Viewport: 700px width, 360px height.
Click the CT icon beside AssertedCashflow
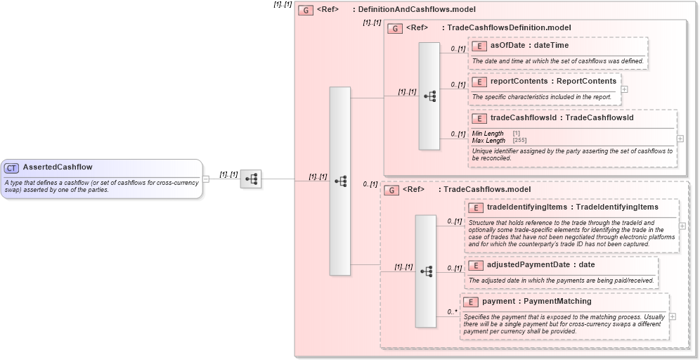pyautogui.click(x=11, y=167)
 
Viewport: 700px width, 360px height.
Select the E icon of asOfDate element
pyautogui.click(x=480, y=46)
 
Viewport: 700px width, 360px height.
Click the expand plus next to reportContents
pyautogui.click(x=624, y=89)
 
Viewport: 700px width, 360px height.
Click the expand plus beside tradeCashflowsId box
pyautogui.click(x=680, y=139)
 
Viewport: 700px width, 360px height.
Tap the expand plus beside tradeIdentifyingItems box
pyautogui.click(x=682, y=226)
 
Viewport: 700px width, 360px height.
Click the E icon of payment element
pyautogui.click(x=472, y=302)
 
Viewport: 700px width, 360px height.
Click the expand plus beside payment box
pyautogui.click(x=673, y=316)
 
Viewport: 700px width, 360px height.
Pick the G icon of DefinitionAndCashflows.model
pyautogui.click(x=306, y=10)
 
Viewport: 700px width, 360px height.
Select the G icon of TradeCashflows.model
pyautogui.click(x=391, y=190)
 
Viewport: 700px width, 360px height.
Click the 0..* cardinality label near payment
pyautogui.click(x=452, y=311)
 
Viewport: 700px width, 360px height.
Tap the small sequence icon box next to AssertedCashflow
pyautogui.click(x=250, y=179)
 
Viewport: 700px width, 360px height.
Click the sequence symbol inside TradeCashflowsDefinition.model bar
pyautogui.click(x=429, y=96)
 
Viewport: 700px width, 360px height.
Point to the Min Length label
pyautogui.click(x=488, y=134)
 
